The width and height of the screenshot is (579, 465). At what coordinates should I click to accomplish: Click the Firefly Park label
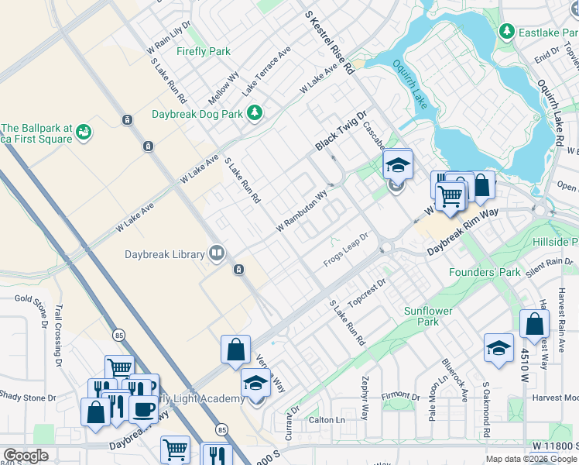[203, 52]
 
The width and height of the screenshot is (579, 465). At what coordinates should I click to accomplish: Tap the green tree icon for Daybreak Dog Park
[255, 114]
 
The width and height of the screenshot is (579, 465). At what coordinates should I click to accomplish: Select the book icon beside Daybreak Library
[217, 253]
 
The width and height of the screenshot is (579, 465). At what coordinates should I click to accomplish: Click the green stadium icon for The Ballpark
[84, 134]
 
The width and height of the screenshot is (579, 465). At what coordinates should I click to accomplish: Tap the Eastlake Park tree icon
[507, 31]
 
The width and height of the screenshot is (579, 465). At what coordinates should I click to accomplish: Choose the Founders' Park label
[485, 273]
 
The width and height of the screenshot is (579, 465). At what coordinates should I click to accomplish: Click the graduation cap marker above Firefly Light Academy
[255, 383]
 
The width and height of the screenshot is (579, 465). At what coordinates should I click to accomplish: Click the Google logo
[26, 456]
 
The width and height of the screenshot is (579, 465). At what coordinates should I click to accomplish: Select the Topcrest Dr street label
[367, 292]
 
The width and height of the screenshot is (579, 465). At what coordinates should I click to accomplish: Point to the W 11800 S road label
[554, 446]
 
